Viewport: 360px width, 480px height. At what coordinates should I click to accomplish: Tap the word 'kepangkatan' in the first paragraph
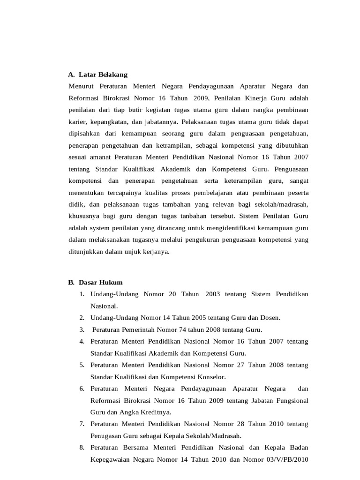[107, 121]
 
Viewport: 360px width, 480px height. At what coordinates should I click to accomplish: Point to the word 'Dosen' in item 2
[270, 318]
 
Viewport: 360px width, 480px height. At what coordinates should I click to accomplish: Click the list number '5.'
[82, 365]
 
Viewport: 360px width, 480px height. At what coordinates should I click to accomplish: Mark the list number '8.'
[82, 448]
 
